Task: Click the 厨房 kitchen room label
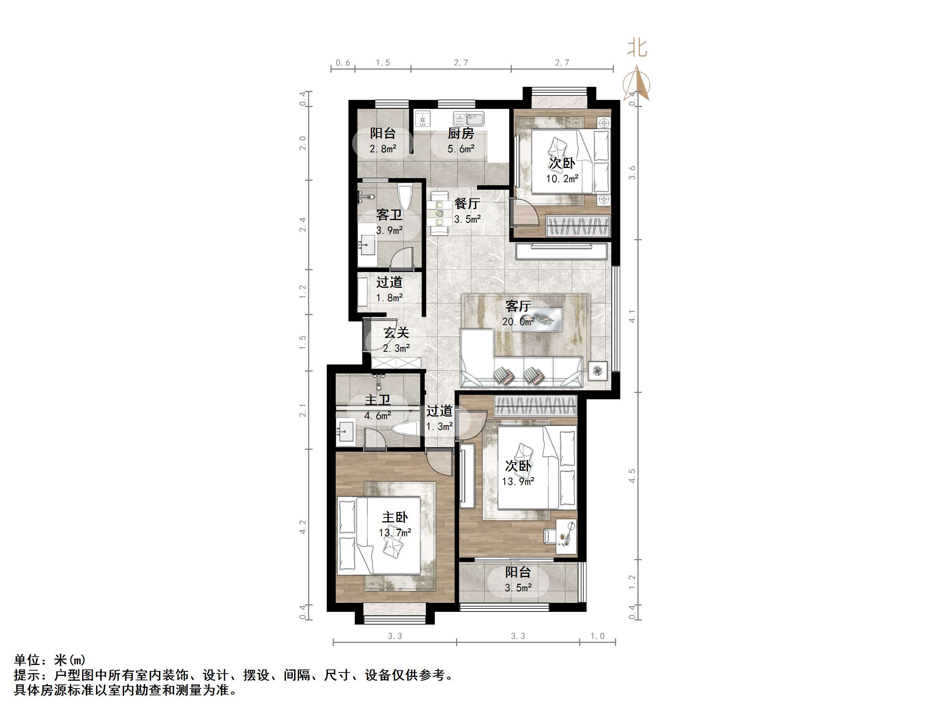pos(461,133)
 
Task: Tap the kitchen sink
pos(469,118)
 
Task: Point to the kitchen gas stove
pos(423,119)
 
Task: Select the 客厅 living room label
pos(518,306)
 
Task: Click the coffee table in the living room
pos(538,319)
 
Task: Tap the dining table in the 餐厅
pos(439,213)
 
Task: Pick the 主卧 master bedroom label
pos(395,517)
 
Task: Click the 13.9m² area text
pos(518,481)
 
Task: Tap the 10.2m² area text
pos(562,179)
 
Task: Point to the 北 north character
pos(637,48)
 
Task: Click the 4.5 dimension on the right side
pos(632,476)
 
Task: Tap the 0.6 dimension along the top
pos(343,63)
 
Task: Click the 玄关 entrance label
pos(396,333)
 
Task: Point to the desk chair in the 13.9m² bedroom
pos(550,536)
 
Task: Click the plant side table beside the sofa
pos(598,371)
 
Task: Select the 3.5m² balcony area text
pos(518,588)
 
